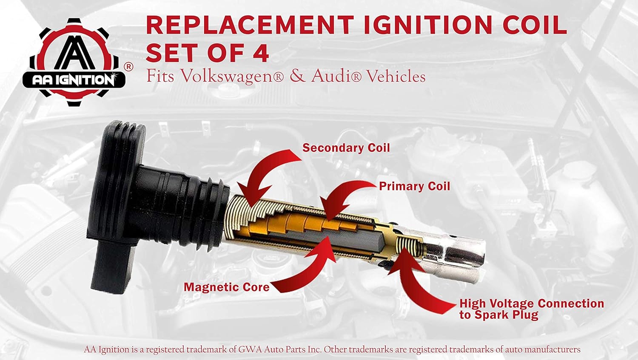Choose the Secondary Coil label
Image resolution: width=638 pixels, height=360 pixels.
(x=346, y=148)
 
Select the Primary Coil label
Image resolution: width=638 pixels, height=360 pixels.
(x=414, y=186)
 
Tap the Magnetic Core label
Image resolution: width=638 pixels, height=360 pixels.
(x=226, y=287)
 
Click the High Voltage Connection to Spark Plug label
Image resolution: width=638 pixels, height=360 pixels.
(x=531, y=309)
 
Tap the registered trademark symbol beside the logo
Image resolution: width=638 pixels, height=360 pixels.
(x=128, y=67)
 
